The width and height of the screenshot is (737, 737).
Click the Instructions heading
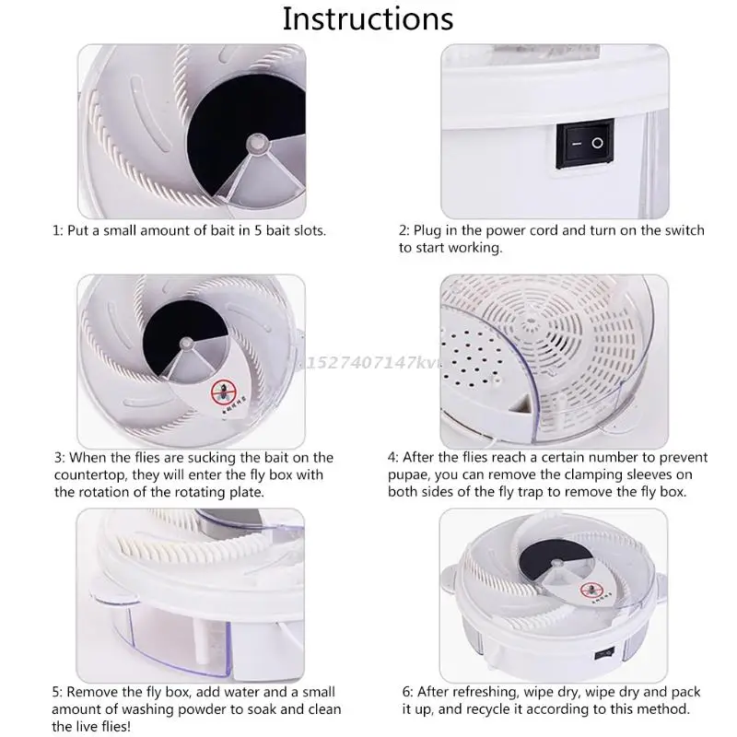tap(368, 19)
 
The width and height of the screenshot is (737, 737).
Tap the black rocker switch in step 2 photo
tap(585, 144)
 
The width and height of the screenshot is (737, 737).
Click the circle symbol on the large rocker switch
tap(597, 143)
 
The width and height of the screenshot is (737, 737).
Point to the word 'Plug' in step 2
tap(426, 231)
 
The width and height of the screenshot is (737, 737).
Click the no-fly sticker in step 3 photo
tap(223, 391)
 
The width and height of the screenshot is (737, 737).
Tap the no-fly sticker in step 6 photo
tap(591, 590)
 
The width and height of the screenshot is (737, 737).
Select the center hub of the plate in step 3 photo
tap(187, 344)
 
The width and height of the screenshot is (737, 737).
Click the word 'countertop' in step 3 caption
tap(90, 475)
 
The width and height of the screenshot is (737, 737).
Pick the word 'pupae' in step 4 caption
tap(406, 475)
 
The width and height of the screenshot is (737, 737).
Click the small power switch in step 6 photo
tap(604, 653)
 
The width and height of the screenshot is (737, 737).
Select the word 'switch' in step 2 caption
tap(684, 230)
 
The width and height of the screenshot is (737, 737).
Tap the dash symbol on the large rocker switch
tap(577, 144)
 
